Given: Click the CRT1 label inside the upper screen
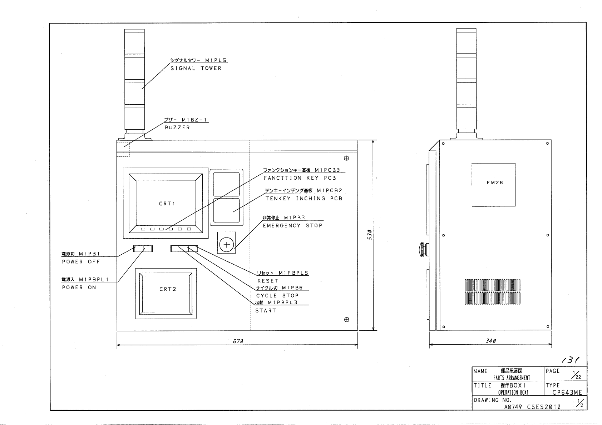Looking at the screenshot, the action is pyautogui.click(x=167, y=204).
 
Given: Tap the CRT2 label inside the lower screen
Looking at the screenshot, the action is pyautogui.click(x=168, y=289).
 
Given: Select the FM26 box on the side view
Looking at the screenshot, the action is pyautogui.click(x=493, y=185).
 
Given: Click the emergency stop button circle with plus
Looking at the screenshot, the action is pyautogui.click(x=227, y=245).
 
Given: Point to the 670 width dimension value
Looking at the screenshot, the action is pyautogui.click(x=238, y=341).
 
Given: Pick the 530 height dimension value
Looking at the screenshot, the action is pyautogui.click(x=370, y=235).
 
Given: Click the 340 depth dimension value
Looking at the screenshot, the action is pyautogui.click(x=491, y=341).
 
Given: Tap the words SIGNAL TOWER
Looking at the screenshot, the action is pyautogui.click(x=196, y=69).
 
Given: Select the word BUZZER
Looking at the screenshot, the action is pyautogui.click(x=177, y=127).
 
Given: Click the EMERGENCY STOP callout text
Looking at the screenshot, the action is pyautogui.click(x=292, y=226).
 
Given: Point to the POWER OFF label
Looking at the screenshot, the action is pyautogui.click(x=81, y=262).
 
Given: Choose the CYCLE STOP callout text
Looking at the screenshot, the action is pyautogui.click(x=277, y=296).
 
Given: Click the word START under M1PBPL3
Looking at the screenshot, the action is pyautogui.click(x=266, y=311).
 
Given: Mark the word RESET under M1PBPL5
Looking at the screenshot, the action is pyautogui.click(x=268, y=281).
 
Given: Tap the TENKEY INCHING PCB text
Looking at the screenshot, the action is pyautogui.click(x=304, y=199).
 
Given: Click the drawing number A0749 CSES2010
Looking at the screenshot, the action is pyautogui.click(x=532, y=407).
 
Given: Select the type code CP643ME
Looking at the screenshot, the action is pyautogui.click(x=567, y=392).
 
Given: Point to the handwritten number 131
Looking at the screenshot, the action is pyautogui.click(x=570, y=360).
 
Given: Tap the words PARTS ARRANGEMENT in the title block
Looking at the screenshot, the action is pyautogui.click(x=512, y=378).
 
